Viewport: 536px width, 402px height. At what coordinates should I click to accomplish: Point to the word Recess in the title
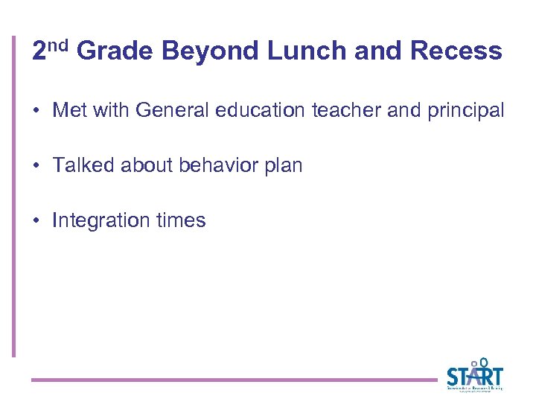click(x=456, y=51)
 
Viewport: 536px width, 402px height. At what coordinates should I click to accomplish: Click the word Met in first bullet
click(x=70, y=111)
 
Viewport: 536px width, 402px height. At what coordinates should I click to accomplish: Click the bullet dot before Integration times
click(x=36, y=221)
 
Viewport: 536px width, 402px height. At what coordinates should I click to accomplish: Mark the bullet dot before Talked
click(x=36, y=166)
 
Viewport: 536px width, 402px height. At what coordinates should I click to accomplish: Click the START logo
click(x=474, y=374)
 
